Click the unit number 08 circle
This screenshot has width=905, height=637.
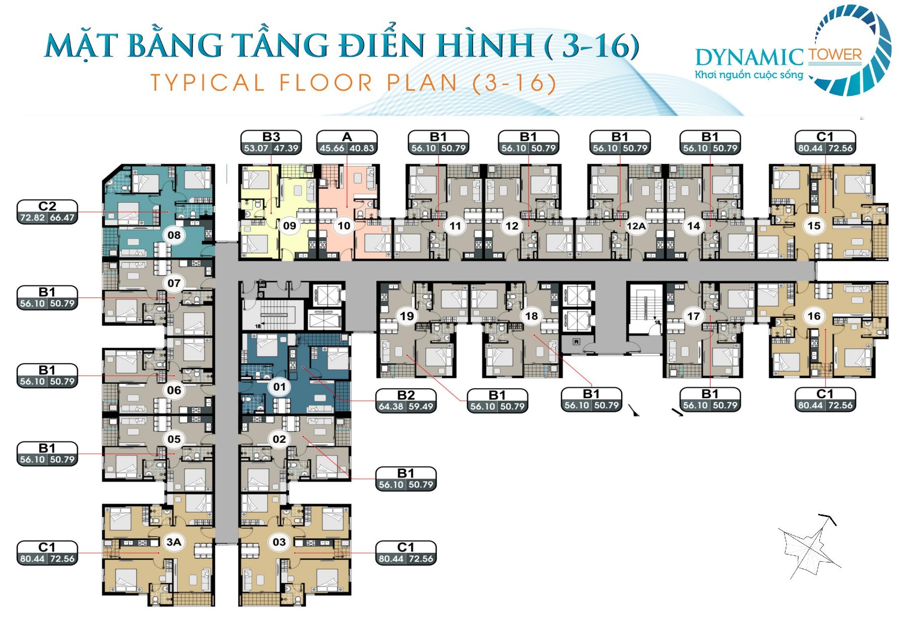[174, 235]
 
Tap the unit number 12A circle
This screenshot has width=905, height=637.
[636, 226]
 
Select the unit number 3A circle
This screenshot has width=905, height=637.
[174, 542]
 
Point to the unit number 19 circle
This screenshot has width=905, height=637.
[407, 316]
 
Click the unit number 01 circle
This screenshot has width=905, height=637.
[279, 387]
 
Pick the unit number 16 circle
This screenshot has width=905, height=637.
[814, 316]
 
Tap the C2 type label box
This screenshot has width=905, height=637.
[48, 212]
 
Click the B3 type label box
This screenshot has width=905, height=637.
[271, 142]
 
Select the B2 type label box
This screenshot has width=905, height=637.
[406, 401]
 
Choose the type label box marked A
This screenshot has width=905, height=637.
[347, 142]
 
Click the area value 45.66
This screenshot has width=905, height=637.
[332, 148]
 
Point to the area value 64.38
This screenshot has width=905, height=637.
[391, 407]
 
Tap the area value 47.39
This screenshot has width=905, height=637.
[286, 148]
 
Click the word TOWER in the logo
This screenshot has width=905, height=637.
[835, 55]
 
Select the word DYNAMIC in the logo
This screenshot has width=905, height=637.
[750, 58]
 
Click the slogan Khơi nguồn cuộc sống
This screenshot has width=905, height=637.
[749, 75]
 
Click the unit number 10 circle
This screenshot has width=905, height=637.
[344, 226]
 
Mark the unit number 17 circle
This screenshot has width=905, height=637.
[693, 316]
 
